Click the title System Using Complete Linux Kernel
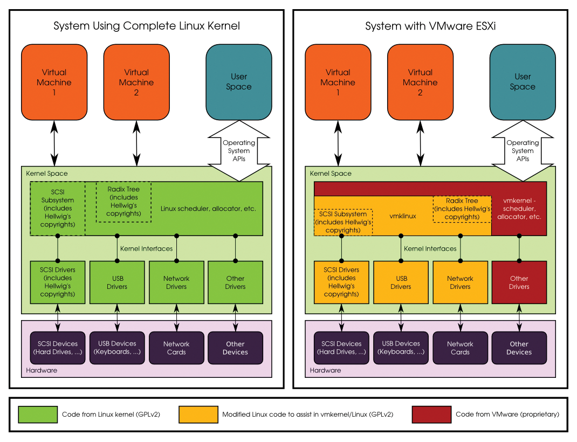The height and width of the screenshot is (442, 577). coord(146,26)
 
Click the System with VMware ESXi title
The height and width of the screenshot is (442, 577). coord(430,26)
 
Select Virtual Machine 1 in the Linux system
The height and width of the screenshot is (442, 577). coord(54,82)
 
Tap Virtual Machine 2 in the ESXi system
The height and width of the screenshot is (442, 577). coord(420,82)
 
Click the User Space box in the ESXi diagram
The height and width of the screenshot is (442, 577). coord(523,82)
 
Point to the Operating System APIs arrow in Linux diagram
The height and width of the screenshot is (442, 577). coord(239,151)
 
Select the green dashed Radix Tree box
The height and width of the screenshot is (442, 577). coord(123,202)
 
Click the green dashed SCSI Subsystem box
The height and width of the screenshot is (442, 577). coord(58,209)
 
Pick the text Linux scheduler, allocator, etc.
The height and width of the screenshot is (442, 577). coord(208,208)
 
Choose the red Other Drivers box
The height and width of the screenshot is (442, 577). coord(519,282)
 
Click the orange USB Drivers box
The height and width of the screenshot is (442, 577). coord(401,282)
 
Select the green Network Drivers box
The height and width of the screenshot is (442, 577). coord(176,282)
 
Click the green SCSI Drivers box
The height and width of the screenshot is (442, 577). coord(58,282)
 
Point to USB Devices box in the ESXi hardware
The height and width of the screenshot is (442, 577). coord(401,348)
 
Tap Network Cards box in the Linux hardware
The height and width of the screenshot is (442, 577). coord(176,348)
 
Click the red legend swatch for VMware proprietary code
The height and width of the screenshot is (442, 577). coord(431,415)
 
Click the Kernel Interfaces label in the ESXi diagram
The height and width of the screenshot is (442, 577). coord(430,248)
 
